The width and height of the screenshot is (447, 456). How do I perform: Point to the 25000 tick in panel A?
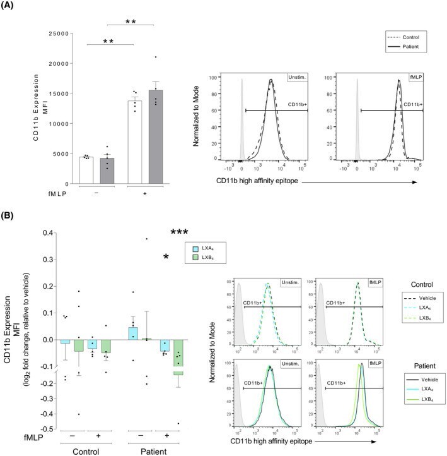pos(59,33)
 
